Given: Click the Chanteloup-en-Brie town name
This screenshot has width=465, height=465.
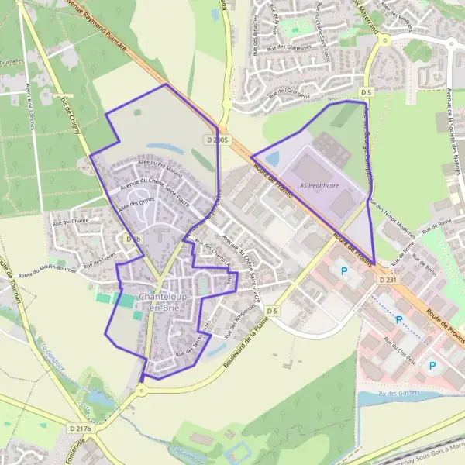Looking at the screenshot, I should pos(161,301).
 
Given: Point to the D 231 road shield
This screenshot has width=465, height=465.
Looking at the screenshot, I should pos(388,279).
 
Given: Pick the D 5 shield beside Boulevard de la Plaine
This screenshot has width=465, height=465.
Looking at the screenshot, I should pos(271,311).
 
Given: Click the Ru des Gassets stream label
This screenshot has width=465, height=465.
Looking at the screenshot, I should pos(398,394).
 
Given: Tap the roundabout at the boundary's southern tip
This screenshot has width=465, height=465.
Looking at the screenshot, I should pos(142,390).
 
